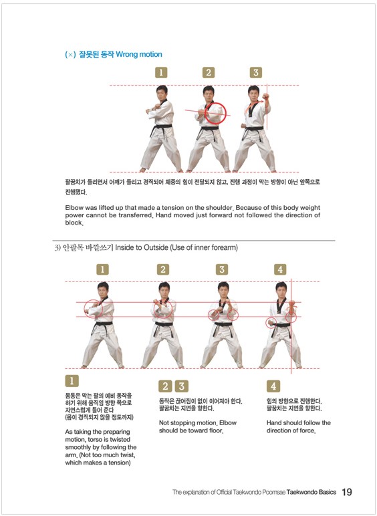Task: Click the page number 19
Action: [x=347, y=492]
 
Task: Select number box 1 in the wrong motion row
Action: [x=161, y=72]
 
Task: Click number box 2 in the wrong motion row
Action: [x=208, y=72]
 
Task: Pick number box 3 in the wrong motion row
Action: [x=255, y=72]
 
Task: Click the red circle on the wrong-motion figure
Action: [x=215, y=114]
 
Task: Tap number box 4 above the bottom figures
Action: [x=280, y=269]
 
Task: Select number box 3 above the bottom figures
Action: [x=222, y=269]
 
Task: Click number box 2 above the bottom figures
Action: [x=162, y=269]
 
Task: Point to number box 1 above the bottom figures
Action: [x=102, y=269]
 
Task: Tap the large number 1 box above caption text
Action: [x=72, y=382]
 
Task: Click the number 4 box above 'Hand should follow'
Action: [x=273, y=386]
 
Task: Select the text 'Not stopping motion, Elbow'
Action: [x=197, y=423]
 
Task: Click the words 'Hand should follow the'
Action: [x=298, y=423]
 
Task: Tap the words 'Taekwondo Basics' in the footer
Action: [x=307, y=493]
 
